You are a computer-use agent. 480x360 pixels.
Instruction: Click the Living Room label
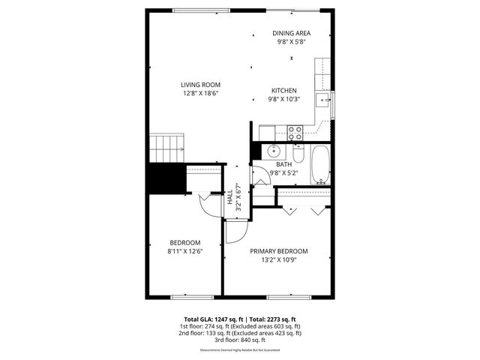click(200, 85)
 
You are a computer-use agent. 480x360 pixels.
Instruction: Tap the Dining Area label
click(292, 33)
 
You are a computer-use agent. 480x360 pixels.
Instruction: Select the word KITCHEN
click(283, 90)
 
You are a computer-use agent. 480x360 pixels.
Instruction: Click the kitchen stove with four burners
click(295, 133)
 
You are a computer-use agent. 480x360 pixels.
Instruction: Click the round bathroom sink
click(274, 149)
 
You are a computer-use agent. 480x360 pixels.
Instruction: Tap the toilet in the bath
click(298, 154)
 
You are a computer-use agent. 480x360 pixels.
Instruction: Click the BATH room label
click(283, 164)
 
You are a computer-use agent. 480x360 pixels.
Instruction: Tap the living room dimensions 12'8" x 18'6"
click(200, 94)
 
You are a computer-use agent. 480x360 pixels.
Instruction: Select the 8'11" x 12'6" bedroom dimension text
click(184, 251)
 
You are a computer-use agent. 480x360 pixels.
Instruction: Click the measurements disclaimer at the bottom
click(239, 350)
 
